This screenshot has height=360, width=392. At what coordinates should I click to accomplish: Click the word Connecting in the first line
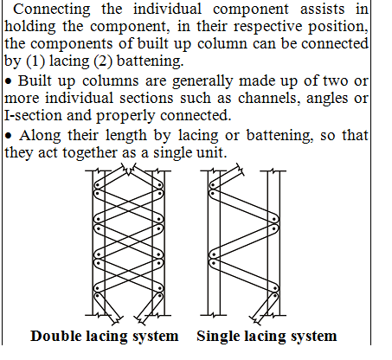52,10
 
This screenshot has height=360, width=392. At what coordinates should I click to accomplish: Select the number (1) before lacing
35,61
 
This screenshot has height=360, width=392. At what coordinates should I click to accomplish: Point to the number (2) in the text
103,61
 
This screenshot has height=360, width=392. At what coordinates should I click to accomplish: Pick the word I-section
33,115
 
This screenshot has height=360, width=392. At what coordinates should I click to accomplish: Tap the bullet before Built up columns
9,81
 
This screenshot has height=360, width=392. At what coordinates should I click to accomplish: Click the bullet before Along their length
9,136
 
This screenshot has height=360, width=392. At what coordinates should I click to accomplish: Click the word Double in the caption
56,336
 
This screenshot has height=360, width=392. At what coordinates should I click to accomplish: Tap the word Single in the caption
218,337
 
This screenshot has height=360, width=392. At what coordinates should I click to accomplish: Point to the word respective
267,27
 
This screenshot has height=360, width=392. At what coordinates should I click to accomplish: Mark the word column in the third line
222,44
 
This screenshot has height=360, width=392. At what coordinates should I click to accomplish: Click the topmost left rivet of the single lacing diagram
213,184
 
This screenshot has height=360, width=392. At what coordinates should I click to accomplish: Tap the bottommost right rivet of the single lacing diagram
275,296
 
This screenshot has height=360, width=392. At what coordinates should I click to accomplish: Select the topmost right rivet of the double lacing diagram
159,184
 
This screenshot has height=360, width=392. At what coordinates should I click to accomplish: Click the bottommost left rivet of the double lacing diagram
97,296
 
